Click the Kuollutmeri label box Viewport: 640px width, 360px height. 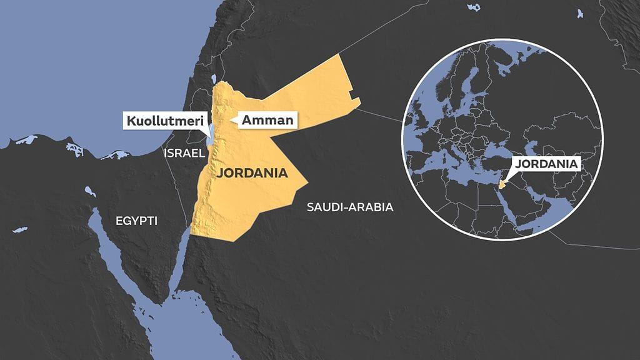[x=165, y=120]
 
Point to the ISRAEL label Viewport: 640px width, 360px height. [x=184, y=153]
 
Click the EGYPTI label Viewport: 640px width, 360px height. [x=136, y=221]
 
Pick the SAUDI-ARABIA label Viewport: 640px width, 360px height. [x=349, y=207]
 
